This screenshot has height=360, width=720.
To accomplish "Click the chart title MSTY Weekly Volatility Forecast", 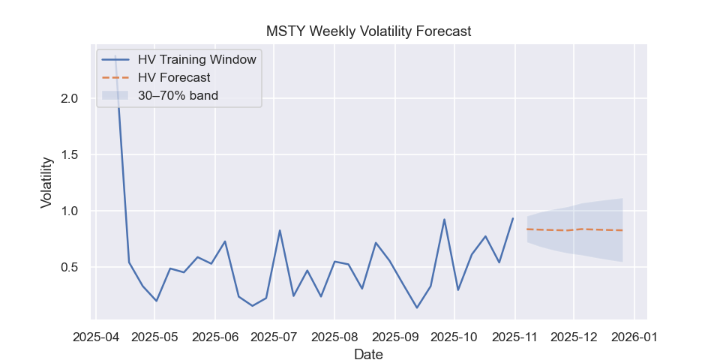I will coord(368,31).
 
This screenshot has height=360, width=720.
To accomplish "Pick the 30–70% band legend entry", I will coord(178,95).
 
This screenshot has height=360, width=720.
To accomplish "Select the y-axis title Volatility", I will coord(46,182).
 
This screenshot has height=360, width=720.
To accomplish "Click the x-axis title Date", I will coord(368,354).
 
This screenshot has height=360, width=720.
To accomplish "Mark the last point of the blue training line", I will coord(513,219).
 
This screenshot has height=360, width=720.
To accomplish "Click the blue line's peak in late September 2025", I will coord(445,220).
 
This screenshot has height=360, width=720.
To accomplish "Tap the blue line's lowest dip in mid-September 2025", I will coord(417,307).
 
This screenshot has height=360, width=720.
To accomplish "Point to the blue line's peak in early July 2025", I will coord(280,230).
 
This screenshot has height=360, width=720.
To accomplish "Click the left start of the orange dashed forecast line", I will coord(527,229).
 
